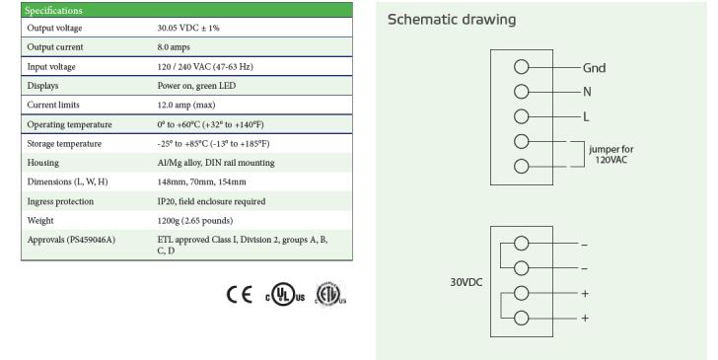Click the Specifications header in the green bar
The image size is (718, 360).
[53, 11]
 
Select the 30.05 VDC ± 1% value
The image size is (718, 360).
[188, 28]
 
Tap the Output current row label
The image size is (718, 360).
[55, 47]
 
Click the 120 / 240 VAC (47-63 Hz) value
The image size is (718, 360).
[205, 67]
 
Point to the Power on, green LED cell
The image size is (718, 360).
[196, 86]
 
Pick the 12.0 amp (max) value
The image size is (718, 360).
[185, 105]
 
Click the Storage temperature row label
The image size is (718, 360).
[64, 144]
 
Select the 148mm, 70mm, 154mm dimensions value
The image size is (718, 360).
[201, 181]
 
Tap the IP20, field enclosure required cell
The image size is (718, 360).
[211, 201]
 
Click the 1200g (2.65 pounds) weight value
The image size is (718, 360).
[195, 221]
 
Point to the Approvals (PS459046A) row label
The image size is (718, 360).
[71, 240]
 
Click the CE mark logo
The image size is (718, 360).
[240, 295]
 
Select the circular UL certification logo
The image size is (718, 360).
[285, 294]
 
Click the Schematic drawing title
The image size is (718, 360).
[452, 20]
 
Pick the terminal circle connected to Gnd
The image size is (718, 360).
[521, 67]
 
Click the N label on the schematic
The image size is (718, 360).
[587, 92]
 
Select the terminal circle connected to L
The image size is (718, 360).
[521, 116]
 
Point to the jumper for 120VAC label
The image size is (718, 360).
[611, 154]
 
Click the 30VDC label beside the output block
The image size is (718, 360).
[467, 282]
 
